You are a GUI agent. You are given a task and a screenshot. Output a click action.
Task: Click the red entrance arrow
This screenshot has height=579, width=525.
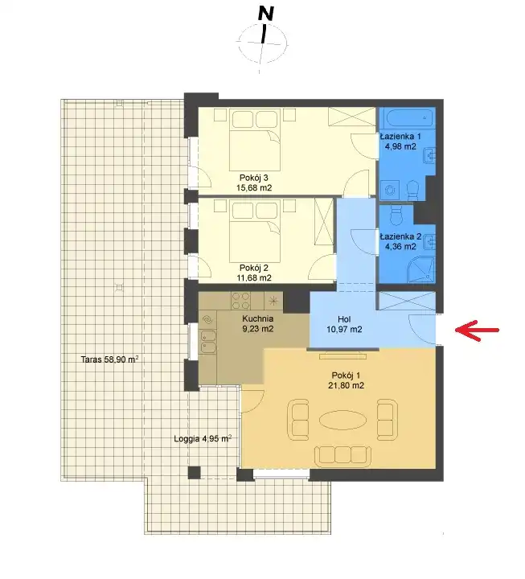tap(477, 331)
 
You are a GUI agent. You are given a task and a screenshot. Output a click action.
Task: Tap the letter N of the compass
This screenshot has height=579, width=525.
tap(266, 14)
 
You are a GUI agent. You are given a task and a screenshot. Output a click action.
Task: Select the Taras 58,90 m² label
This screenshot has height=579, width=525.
tap(109, 359)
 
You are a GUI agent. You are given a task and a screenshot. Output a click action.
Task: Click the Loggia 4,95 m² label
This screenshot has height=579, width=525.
tap(203, 439)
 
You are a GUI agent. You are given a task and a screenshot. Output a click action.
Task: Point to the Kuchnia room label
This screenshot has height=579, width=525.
tap(258, 318)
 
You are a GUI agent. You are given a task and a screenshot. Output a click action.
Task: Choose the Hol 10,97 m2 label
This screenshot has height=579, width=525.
tap(344, 324)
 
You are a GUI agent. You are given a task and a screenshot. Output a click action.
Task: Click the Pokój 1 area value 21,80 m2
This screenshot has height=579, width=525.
tap(346, 386)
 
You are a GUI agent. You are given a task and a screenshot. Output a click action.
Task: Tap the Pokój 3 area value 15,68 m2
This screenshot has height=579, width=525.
tap(254, 188)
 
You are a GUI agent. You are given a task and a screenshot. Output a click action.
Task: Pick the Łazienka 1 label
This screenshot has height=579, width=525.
tap(400, 136)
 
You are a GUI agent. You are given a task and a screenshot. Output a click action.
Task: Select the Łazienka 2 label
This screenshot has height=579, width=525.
tap(401, 236)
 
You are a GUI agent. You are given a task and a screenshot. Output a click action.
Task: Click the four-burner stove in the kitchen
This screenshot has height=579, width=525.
tap(240, 301)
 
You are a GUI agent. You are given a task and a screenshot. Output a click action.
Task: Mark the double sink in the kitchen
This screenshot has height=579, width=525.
tap(208, 341)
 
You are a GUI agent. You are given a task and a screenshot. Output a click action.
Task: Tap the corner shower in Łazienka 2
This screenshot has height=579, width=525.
tap(421, 270)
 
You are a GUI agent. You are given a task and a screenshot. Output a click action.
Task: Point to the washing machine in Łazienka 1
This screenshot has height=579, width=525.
tap(390, 190)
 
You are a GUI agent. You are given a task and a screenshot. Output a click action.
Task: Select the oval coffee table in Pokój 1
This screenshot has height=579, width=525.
tap(343, 421)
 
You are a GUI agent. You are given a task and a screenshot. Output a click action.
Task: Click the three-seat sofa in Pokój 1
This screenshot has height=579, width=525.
tap(342, 455)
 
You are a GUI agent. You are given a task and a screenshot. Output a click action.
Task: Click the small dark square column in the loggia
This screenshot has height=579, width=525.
tap(195, 473)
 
